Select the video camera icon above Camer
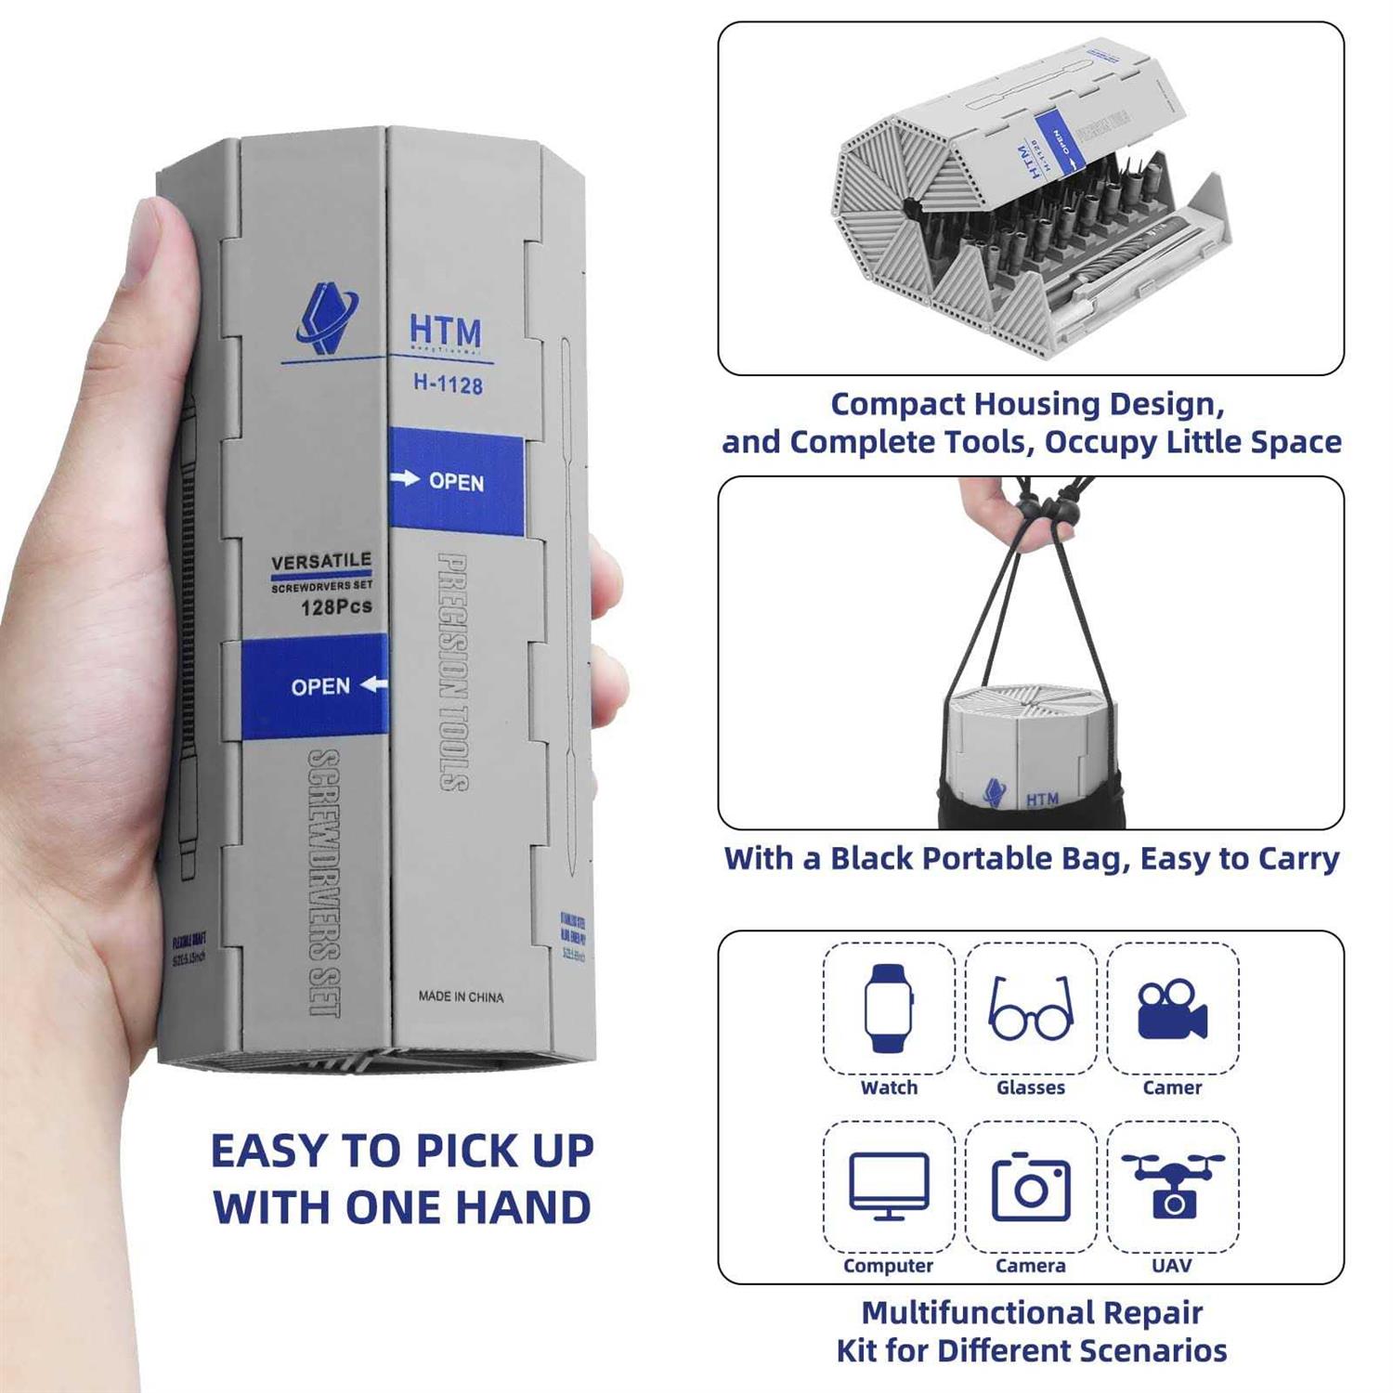tap(1172, 1009)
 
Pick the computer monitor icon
tap(889, 1186)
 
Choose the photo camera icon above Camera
tap(1031, 1187)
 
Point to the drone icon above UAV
tap(1173, 1185)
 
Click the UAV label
tap(1172, 1265)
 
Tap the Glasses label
tap(1031, 1087)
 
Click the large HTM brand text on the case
tap(446, 331)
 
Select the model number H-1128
tap(448, 384)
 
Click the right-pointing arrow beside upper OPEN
tap(406, 478)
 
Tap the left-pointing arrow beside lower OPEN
tap(373, 684)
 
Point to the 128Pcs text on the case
tap(336, 606)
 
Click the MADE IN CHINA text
tap(461, 996)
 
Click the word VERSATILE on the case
tap(321, 561)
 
